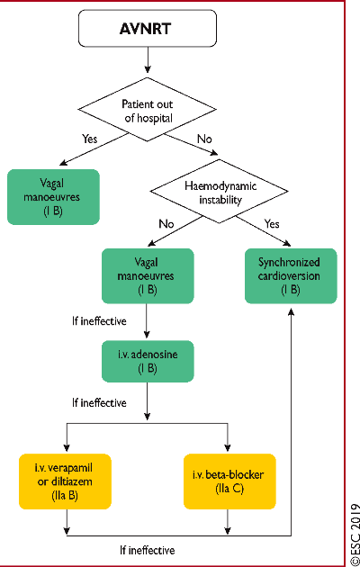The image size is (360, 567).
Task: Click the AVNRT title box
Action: [x=148, y=28]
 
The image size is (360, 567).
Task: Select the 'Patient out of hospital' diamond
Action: [x=148, y=110]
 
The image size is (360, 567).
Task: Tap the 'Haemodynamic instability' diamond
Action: [x=219, y=192]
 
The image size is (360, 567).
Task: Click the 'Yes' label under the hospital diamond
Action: [x=89, y=139]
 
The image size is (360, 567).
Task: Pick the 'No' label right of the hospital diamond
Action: [x=204, y=139]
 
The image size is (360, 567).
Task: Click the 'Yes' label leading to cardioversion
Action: [x=272, y=224]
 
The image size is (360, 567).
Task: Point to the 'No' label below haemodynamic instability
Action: [x=166, y=224]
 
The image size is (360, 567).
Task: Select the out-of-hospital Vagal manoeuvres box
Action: [x=53, y=197]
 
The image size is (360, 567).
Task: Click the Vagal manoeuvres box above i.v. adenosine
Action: [x=148, y=276]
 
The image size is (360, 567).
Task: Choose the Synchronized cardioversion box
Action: [x=291, y=276]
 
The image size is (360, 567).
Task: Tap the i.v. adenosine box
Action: [x=148, y=361]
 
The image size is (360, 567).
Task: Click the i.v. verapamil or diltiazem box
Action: [x=65, y=481]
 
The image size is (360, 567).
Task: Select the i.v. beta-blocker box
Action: [x=229, y=481]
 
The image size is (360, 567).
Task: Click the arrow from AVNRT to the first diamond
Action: [x=148, y=60]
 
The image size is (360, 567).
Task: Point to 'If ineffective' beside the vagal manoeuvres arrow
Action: [x=99, y=320]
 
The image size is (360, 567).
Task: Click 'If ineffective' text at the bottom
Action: [x=148, y=551]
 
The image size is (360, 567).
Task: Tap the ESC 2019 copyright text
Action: [x=355, y=532]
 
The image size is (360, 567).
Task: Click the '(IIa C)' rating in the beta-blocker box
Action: [x=229, y=489]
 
